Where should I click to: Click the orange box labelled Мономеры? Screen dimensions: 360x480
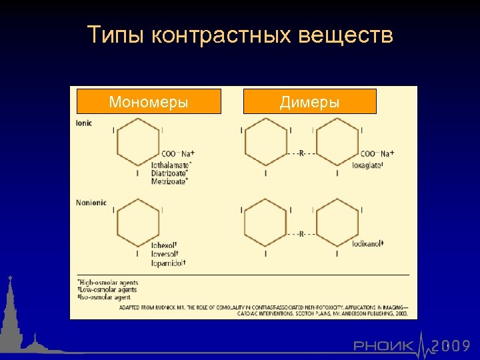coord(149,102)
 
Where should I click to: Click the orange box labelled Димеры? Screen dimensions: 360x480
coord(310,102)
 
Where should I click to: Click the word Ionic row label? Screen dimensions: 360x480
coord(85,123)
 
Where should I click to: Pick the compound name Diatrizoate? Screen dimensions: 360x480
coord(169,173)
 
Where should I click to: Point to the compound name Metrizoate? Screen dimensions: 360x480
coord(169,181)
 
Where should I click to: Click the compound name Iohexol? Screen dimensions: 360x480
coord(164,245)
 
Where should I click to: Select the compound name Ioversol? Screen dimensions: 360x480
coord(165,253)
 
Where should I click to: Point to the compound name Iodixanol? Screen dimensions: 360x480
coord(368,244)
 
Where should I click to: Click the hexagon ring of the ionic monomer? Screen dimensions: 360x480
coord(138,142)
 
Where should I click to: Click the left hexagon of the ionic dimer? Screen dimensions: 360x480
coord(266,142)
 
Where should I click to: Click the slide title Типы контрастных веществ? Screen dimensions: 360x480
coord(240,35)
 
